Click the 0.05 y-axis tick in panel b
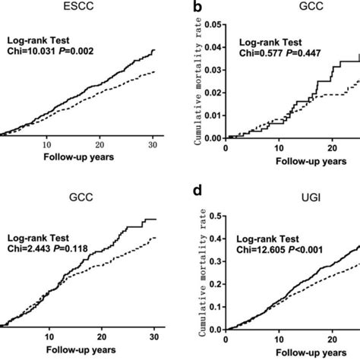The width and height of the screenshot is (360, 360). point(213,25)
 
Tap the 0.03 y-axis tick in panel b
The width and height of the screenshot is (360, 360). point(213,70)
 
